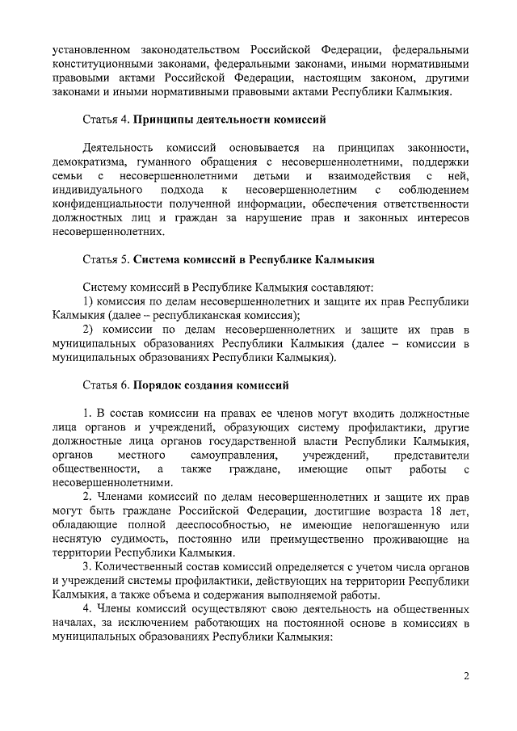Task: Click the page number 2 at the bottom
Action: (x=466, y=676)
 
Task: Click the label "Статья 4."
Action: (x=107, y=120)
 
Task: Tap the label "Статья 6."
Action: (x=107, y=384)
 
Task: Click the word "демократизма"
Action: (x=87, y=162)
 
